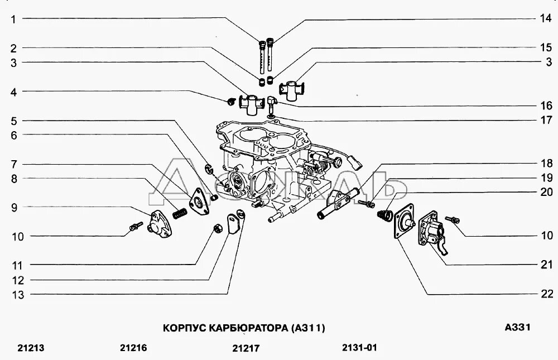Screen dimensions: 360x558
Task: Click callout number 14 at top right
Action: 545,18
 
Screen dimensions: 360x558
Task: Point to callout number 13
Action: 18,295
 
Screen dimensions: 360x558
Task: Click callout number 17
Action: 546,119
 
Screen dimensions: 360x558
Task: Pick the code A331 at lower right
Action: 517,328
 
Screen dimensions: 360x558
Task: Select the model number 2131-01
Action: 359,348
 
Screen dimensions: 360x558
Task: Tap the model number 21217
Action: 246,349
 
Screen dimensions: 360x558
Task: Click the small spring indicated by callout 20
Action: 383,214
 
